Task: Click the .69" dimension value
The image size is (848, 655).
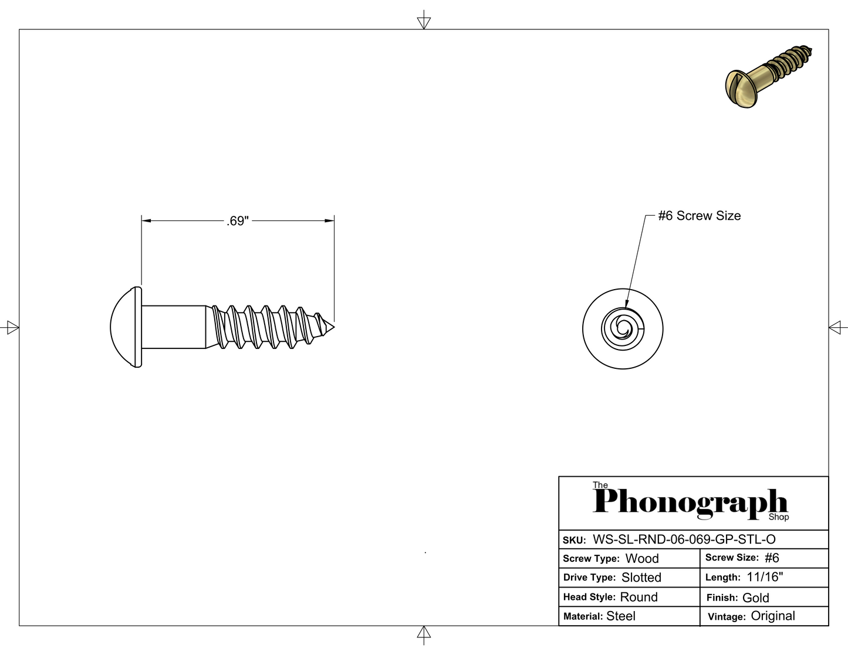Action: (237, 220)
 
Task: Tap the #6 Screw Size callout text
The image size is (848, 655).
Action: (700, 216)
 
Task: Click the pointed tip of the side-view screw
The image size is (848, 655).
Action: (335, 327)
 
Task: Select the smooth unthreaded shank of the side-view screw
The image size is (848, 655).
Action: (174, 327)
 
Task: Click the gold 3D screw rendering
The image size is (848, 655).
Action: (769, 76)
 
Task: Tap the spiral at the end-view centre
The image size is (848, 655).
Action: (623, 328)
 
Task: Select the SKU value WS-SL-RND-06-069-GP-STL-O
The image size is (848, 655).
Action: (684, 539)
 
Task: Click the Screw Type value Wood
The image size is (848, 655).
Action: (642, 558)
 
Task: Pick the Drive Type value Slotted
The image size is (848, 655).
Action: (641, 578)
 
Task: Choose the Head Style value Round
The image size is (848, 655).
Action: (639, 597)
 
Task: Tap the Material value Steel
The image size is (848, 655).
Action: (621, 616)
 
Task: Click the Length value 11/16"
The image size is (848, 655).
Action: (765, 576)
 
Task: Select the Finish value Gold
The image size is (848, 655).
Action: (755, 598)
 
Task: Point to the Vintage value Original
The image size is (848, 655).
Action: (773, 616)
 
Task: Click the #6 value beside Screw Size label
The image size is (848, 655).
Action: (772, 558)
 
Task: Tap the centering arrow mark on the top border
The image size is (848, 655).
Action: (424, 20)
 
